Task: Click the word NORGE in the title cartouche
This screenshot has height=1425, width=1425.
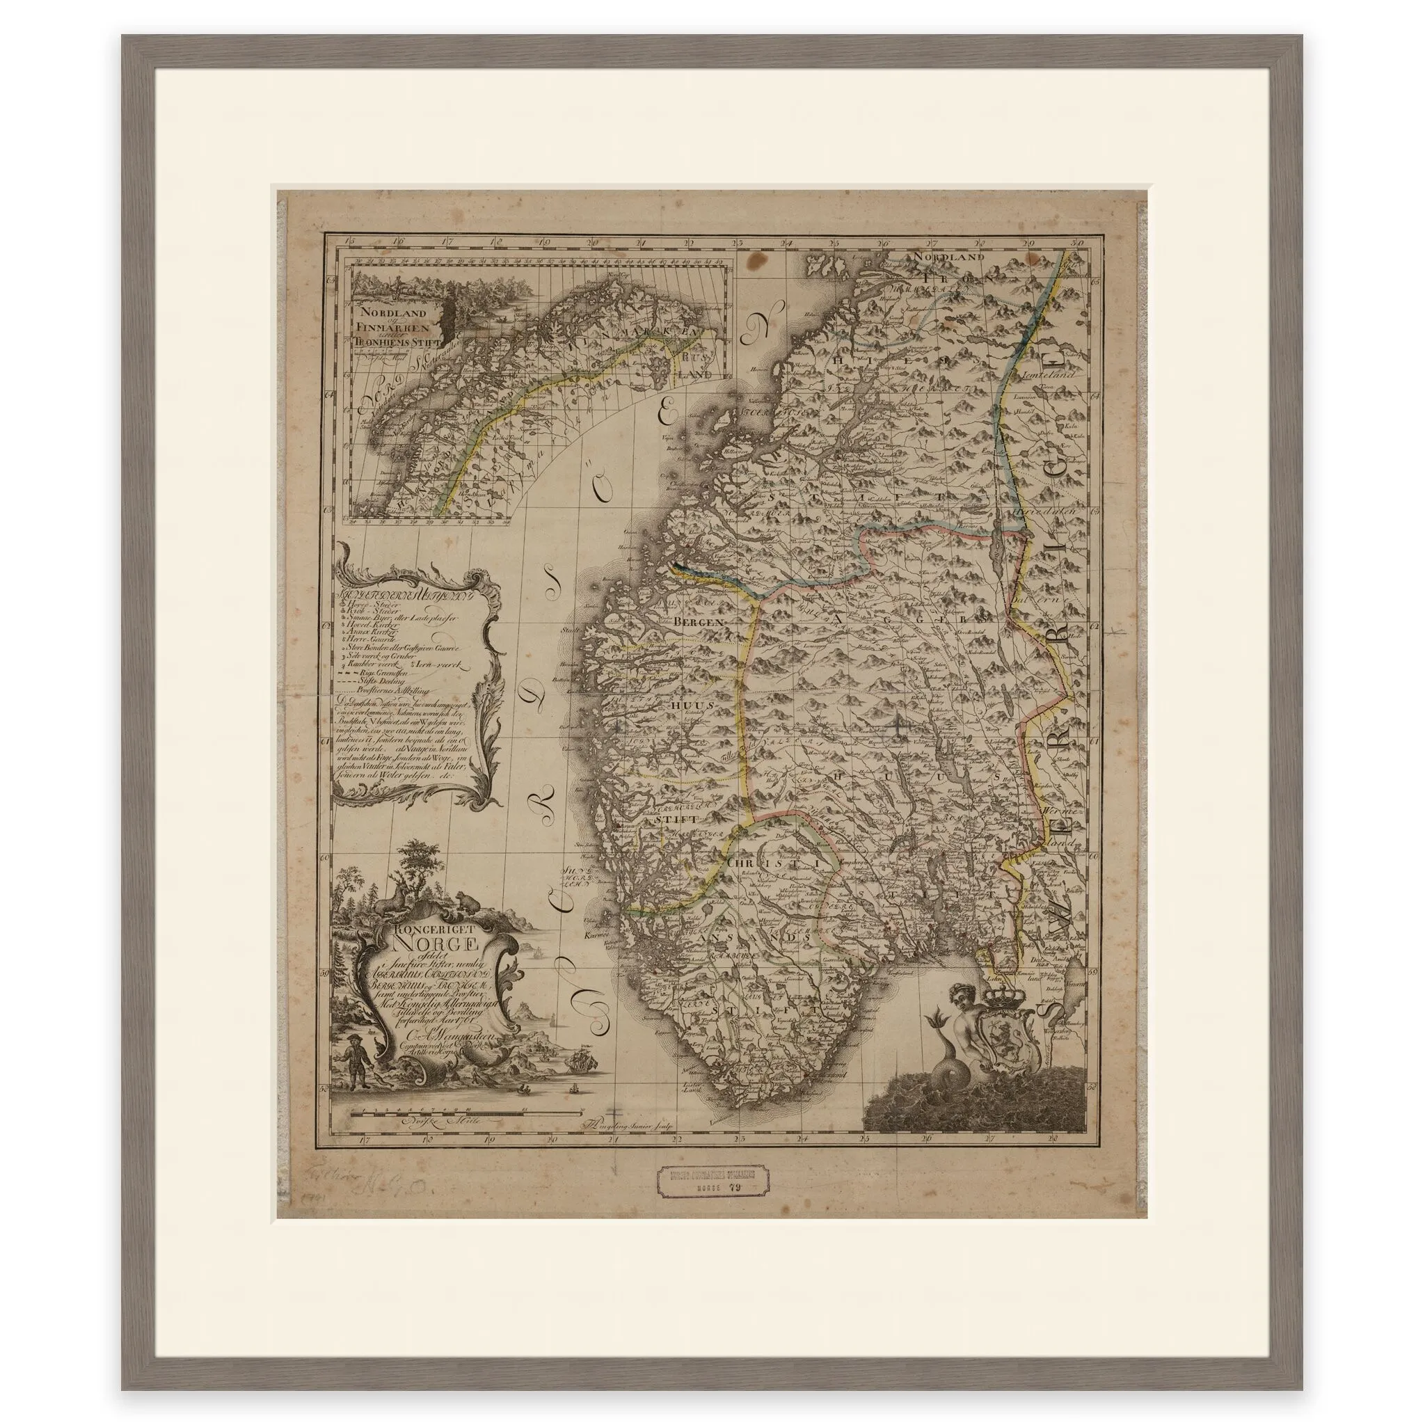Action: tap(438, 944)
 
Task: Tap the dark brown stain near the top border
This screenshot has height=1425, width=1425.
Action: tap(758, 262)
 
